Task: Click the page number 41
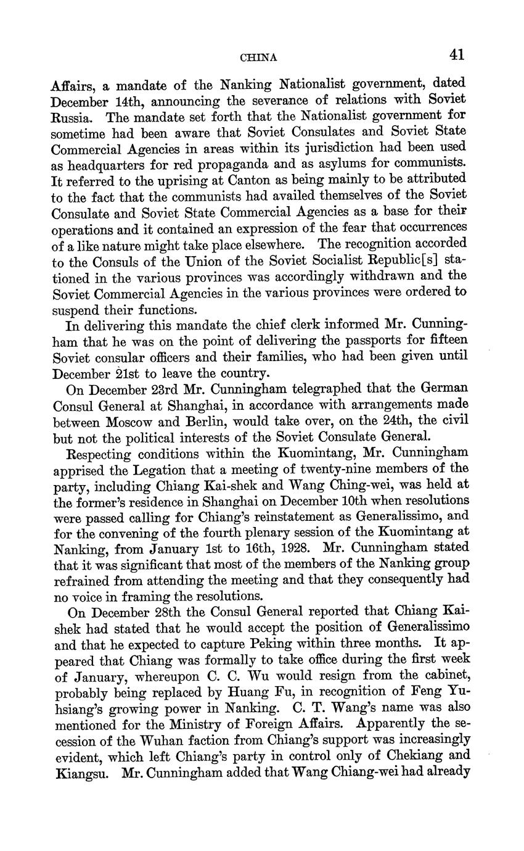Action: tap(456, 55)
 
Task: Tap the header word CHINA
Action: tap(258, 57)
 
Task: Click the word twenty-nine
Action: tap(329, 468)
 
